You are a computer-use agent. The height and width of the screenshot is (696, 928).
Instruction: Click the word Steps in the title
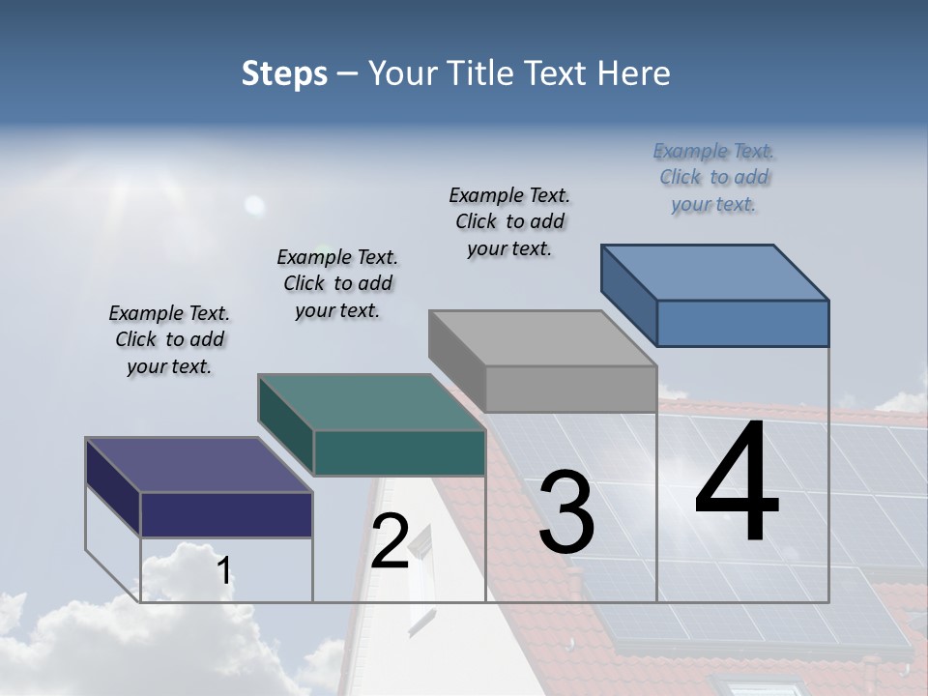pyautogui.click(x=284, y=73)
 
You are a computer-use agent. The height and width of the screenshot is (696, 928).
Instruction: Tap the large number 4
pyautogui.click(x=737, y=483)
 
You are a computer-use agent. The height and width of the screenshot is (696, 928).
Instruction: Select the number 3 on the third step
pyautogui.click(x=566, y=512)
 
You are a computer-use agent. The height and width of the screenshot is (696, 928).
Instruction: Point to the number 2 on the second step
pyautogui.click(x=390, y=541)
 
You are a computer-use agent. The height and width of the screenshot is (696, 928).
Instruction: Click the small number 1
pyautogui.click(x=223, y=571)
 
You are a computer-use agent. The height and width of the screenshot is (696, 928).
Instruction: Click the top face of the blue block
pyautogui.click(x=715, y=272)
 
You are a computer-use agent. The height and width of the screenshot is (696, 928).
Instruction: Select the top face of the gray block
pyautogui.click(x=542, y=338)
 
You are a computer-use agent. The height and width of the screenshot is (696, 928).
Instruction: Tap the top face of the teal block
pyautogui.click(x=371, y=402)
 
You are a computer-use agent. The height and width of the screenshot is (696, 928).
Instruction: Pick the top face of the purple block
pyautogui.click(x=199, y=465)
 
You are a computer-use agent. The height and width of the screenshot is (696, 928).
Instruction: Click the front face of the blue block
pyautogui.click(x=742, y=323)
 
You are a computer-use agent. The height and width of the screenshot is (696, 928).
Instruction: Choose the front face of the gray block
pyautogui.click(x=570, y=390)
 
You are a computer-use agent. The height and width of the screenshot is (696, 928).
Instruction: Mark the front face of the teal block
pyautogui.click(x=399, y=453)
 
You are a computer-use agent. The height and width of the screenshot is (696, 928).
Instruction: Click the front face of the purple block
pyautogui.click(x=226, y=514)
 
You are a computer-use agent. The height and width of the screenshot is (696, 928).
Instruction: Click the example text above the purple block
pyautogui.click(x=169, y=339)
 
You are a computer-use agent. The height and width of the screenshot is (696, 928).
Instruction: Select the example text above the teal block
pyautogui.click(x=337, y=283)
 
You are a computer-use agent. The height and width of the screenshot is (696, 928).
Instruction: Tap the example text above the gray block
pyautogui.click(x=509, y=221)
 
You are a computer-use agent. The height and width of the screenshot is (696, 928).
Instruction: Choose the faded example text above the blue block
pyautogui.click(x=713, y=177)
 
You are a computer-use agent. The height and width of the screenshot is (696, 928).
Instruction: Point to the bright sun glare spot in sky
pyautogui.click(x=254, y=204)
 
